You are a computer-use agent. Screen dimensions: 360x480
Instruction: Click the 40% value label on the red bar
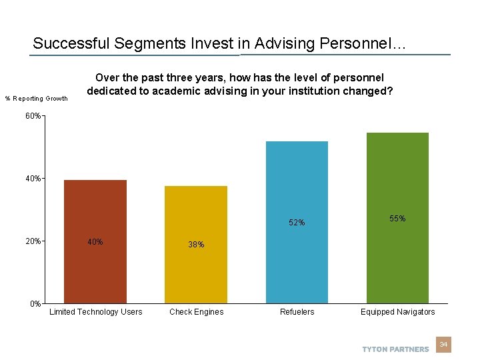pyautogui.click(x=95, y=242)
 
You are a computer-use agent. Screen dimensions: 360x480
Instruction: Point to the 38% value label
pyautogui.click(x=196, y=245)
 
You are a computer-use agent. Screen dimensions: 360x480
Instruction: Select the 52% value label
pyautogui.click(x=297, y=223)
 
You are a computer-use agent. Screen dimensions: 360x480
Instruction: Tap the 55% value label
pyautogui.click(x=397, y=219)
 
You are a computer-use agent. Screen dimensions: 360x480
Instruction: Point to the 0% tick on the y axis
pyautogui.click(x=35, y=304)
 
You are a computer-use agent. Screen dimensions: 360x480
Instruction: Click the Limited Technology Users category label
pyautogui.click(x=95, y=312)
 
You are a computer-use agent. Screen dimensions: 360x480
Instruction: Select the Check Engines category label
pyautogui.click(x=196, y=312)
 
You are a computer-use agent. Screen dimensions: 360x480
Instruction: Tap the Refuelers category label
pyautogui.click(x=297, y=312)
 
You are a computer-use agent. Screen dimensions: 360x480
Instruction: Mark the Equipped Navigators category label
pyautogui.click(x=397, y=312)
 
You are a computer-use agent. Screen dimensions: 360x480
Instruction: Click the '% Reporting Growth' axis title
pyautogui.click(x=37, y=99)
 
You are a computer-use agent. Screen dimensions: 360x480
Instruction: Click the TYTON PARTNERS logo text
pyautogui.click(x=395, y=349)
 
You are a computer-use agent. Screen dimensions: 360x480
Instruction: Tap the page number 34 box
pyautogui.click(x=443, y=345)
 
